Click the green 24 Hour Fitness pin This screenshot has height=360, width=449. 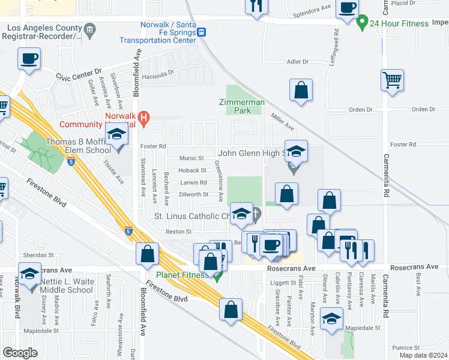[x=362, y=24]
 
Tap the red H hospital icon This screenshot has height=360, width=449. [x=143, y=118]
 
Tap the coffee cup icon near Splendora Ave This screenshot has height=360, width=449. [x=347, y=8]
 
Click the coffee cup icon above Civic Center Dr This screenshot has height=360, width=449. [x=29, y=59]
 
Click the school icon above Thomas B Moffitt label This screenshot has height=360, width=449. [x=118, y=136]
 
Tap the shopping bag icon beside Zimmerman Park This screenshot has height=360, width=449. [x=301, y=90]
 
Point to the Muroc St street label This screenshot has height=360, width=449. [x=193, y=158]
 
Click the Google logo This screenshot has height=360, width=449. [x=20, y=353]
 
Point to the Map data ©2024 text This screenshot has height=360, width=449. [x=423, y=355]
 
